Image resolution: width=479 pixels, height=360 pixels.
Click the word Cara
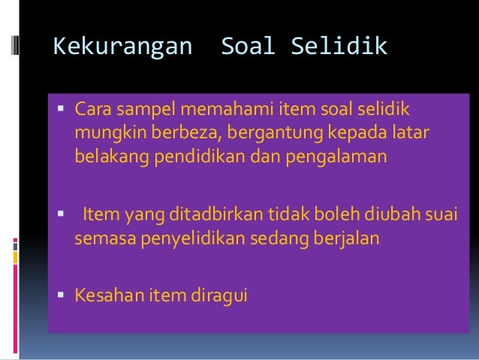92,111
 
